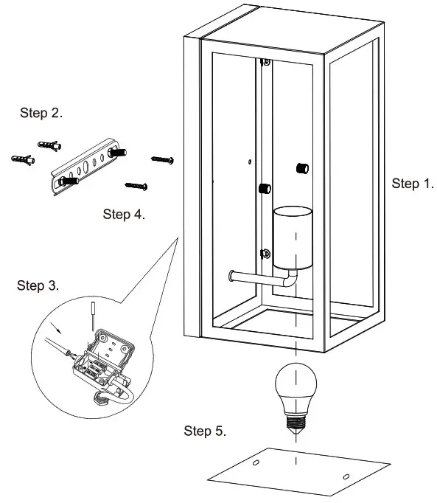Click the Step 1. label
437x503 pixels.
click(413, 184)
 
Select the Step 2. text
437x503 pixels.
click(41, 114)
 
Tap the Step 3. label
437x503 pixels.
click(38, 285)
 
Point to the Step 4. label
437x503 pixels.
click(124, 215)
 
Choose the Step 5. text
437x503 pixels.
click(205, 431)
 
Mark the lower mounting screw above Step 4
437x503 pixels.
click(137, 184)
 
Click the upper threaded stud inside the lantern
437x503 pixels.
click(301, 167)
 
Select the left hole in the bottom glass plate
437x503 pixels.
click(255, 462)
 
